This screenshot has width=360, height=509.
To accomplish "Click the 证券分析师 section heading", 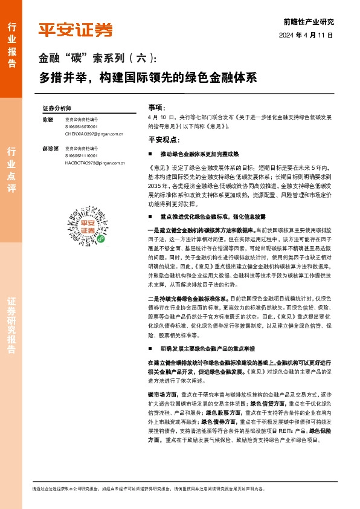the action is coord(57,107).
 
